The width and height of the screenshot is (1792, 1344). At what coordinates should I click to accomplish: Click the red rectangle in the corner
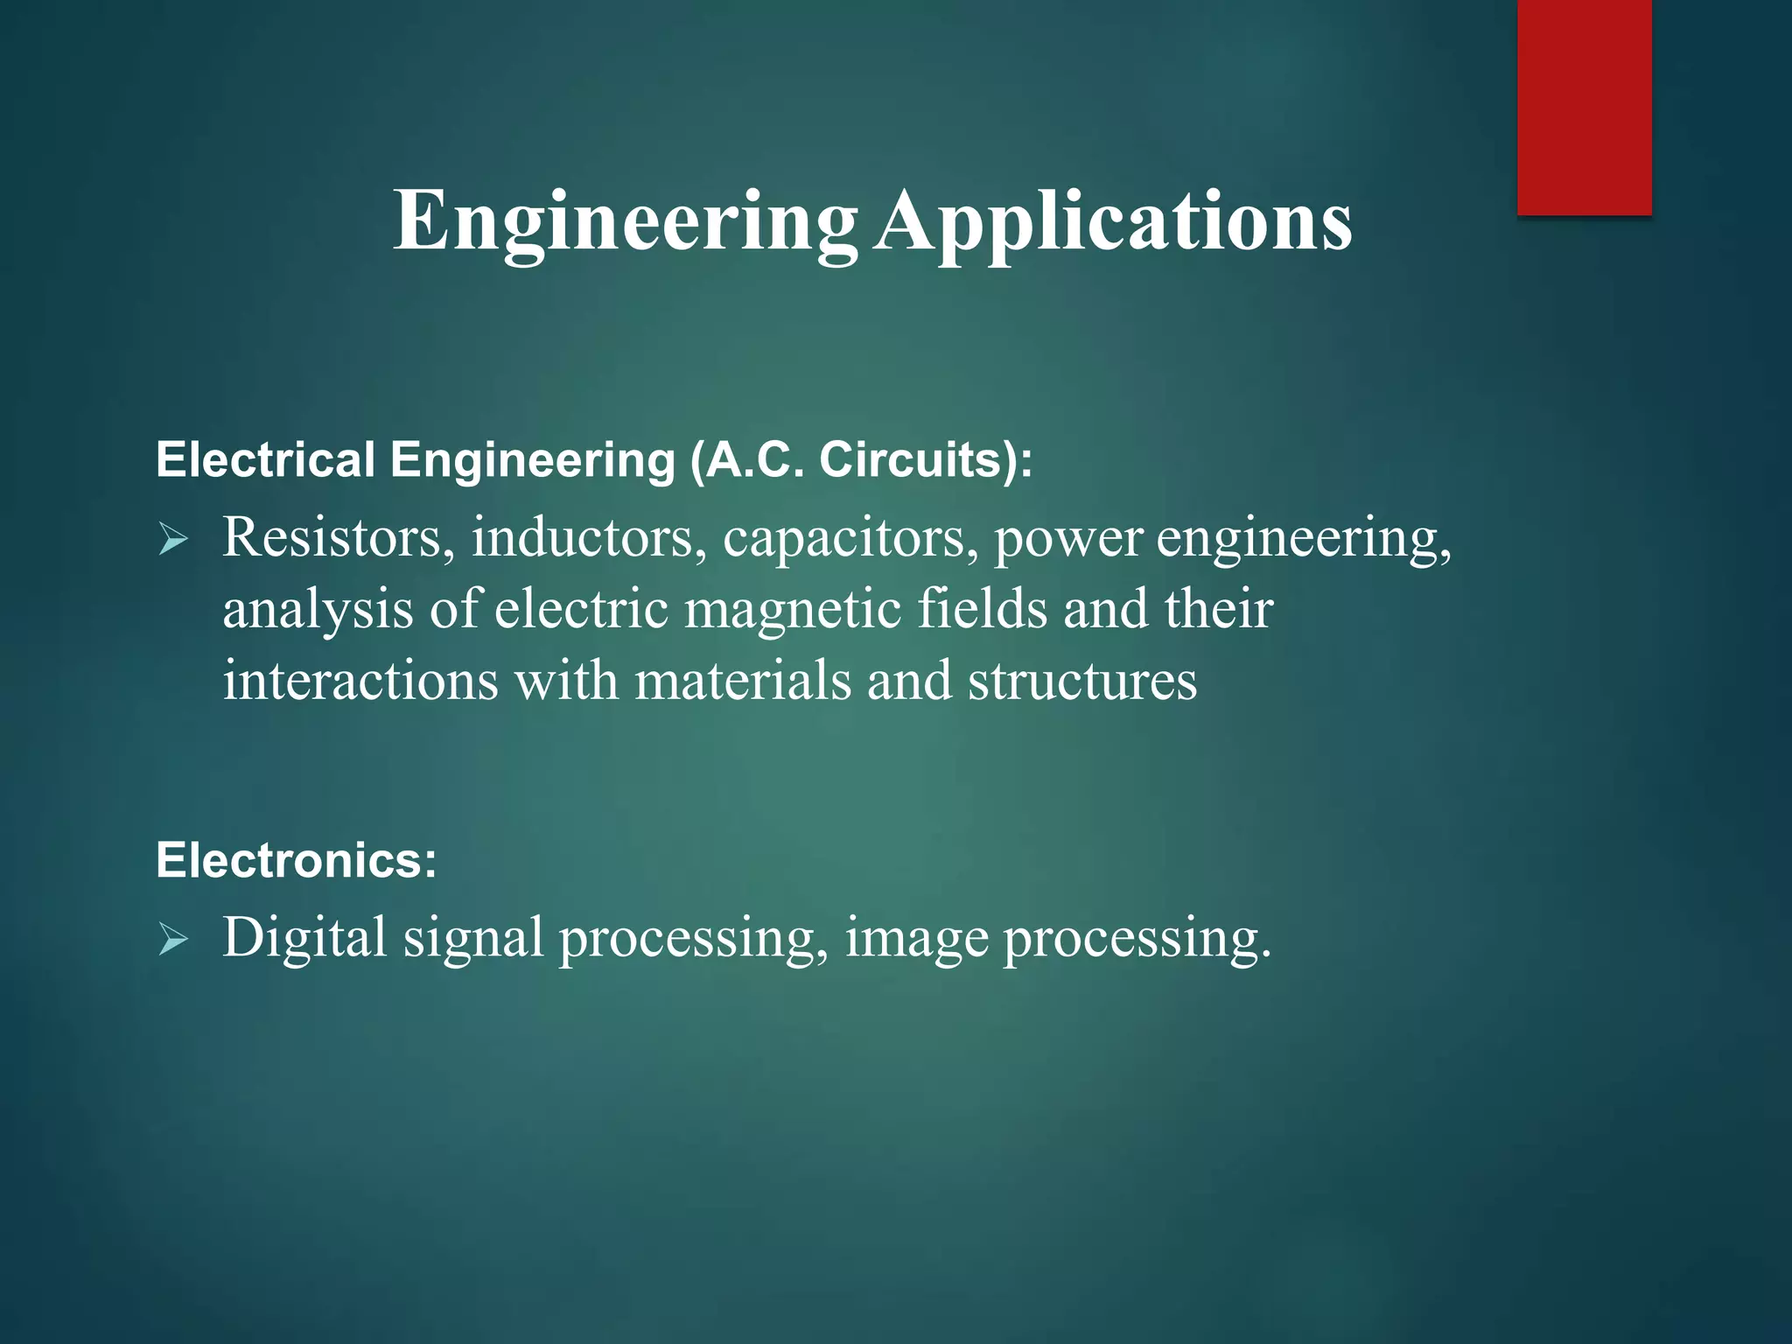[1584, 107]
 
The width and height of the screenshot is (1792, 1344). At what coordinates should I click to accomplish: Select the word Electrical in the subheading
[265, 460]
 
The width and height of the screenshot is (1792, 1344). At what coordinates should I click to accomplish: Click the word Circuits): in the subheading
[926, 460]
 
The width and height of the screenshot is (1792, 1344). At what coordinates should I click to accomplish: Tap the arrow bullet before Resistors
[173, 540]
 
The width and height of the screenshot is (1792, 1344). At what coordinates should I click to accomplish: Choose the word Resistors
[338, 537]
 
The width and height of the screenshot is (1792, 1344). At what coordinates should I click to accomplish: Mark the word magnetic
[792, 609]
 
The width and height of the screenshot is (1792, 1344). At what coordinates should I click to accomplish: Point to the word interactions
[360, 680]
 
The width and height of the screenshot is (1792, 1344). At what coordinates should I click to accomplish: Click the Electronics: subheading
[296, 860]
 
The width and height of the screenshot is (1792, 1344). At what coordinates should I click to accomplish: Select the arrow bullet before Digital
[173, 941]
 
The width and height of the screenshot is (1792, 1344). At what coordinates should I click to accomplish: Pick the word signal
[472, 939]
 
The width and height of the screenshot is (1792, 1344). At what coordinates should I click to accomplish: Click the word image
[916, 939]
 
